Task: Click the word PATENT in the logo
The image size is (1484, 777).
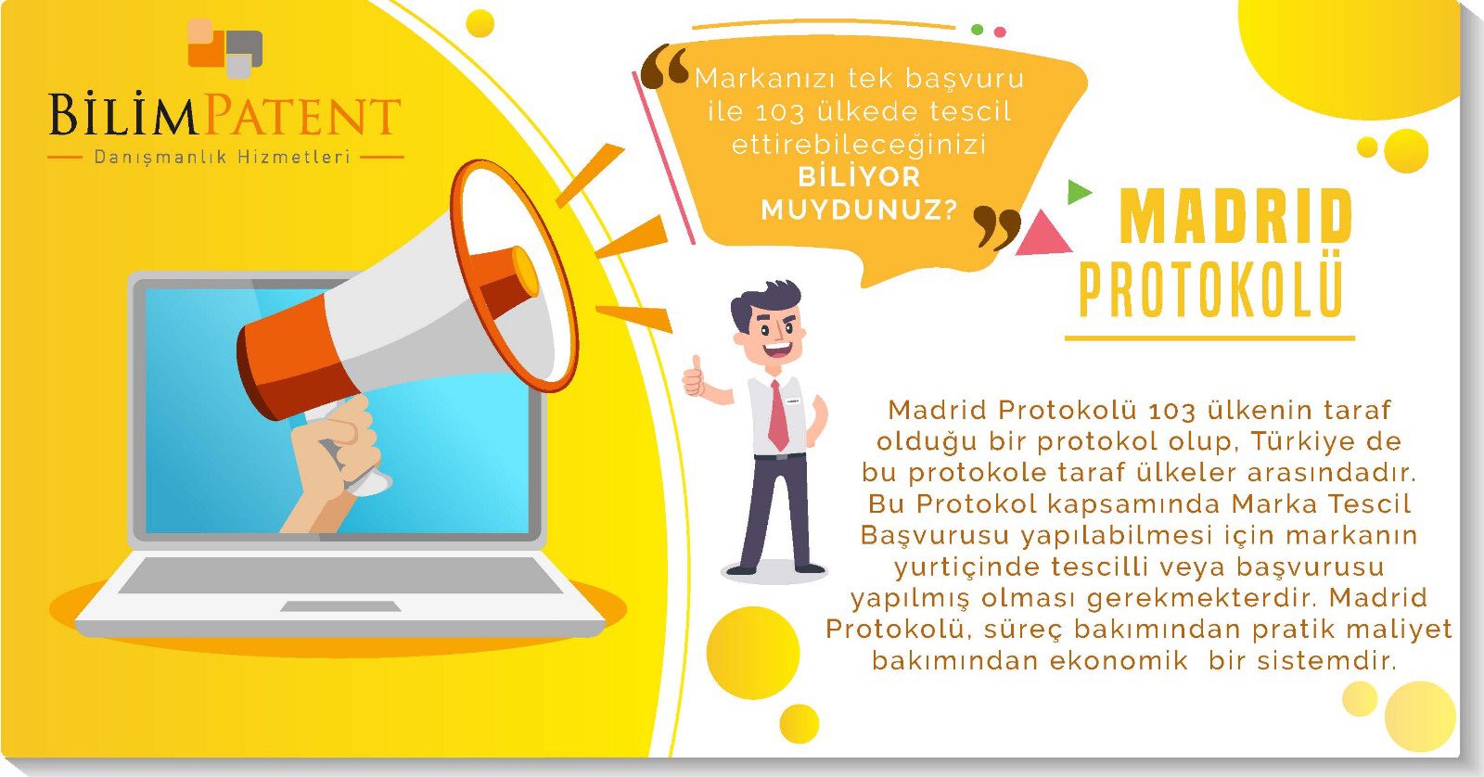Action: pos(301,115)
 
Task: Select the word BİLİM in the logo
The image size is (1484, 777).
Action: pos(123,115)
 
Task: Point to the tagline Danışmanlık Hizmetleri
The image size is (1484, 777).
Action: pos(222,157)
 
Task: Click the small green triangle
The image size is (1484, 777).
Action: pos(1078,192)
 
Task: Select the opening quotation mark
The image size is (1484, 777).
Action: pos(664,66)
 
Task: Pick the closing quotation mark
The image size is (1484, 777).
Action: pos(996,228)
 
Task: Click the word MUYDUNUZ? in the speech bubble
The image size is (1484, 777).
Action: pos(859,210)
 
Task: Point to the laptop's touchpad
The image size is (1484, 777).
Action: pos(340,606)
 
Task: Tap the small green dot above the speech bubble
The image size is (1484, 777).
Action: pos(977,30)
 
